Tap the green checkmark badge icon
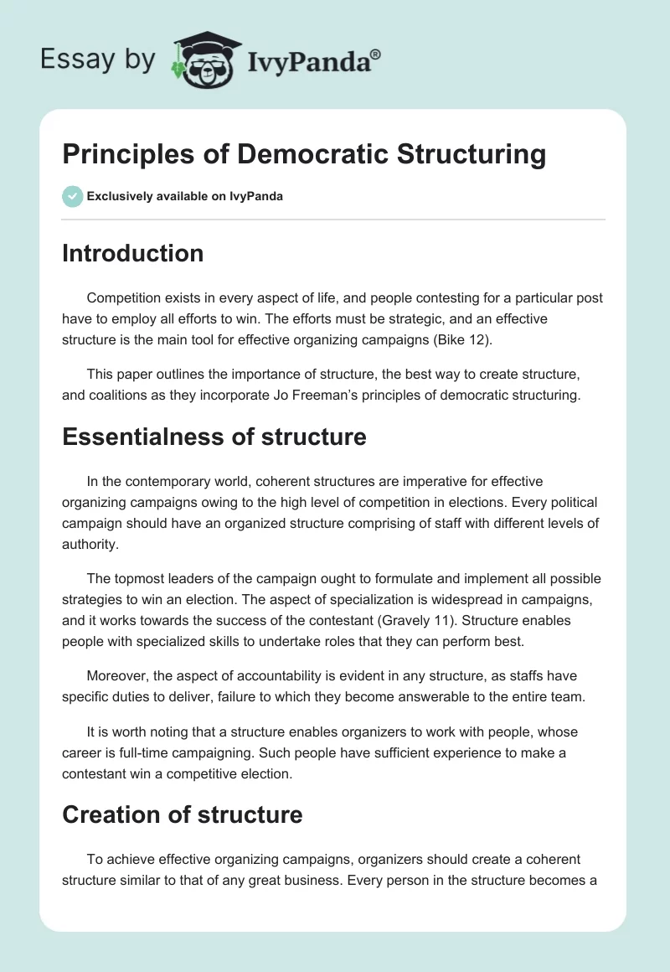coord(72,196)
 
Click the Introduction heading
coord(132,253)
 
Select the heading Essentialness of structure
coord(214,436)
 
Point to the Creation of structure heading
coord(182,814)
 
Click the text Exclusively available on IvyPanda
coord(184,196)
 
